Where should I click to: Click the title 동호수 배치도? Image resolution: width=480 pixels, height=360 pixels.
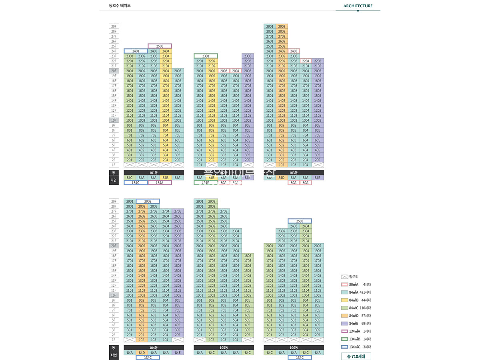click(x=120, y=6)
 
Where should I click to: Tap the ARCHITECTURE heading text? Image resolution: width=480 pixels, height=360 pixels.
click(x=358, y=6)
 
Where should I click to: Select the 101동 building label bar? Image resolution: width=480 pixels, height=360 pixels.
click(x=154, y=173)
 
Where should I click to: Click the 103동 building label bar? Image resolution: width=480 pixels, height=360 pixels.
click(x=294, y=173)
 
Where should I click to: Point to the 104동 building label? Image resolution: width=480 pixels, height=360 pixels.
click(x=154, y=348)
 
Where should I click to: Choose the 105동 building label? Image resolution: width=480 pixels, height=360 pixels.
click(x=224, y=348)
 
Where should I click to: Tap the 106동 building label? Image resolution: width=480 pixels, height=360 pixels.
click(x=294, y=348)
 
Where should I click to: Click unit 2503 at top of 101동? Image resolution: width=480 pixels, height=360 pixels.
click(x=160, y=46)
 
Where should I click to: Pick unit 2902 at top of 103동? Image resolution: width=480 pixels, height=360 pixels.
click(x=282, y=26)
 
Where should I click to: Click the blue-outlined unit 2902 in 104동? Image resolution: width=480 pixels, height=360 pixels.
click(x=148, y=201)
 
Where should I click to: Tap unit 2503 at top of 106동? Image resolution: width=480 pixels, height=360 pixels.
click(x=300, y=221)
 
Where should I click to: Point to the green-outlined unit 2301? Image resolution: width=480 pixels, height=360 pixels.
click(x=206, y=56)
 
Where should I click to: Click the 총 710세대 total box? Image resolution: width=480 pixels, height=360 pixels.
click(x=356, y=356)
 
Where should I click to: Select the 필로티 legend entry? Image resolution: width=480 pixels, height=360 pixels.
click(x=354, y=276)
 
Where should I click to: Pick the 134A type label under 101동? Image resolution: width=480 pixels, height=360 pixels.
click(x=160, y=182)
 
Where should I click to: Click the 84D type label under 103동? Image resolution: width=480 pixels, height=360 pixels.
click(x=282, y=178)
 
